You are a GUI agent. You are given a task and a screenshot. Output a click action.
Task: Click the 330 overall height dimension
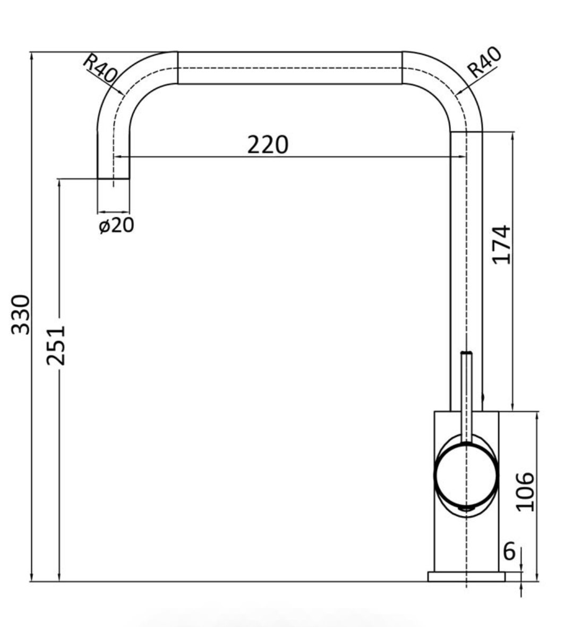tap(21, 314)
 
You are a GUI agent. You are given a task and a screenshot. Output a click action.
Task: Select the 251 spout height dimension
tap(56, 345)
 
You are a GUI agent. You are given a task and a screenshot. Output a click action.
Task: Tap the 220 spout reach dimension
tap(268, 145)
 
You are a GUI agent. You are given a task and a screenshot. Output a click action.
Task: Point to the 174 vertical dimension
tap(501, 244)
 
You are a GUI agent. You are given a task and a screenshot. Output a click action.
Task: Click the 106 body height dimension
tap(525, 492)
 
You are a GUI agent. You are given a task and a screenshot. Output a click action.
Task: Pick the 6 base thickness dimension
tap(509, 552)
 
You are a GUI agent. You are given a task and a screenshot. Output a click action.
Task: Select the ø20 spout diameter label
tap(116, 225)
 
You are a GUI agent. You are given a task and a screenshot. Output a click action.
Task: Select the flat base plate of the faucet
tap(466, 577)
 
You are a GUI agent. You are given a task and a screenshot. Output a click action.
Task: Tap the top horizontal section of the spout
tap(289, 68)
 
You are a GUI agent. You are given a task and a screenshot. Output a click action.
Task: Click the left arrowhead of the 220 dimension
tap(118, 157)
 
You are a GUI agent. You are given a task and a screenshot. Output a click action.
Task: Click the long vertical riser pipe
tap(466, 266)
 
